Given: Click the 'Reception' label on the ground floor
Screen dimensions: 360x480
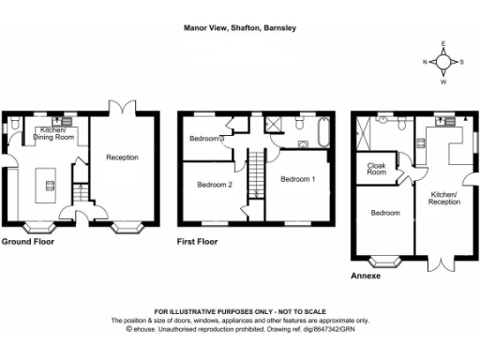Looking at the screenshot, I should [x=122, y=157].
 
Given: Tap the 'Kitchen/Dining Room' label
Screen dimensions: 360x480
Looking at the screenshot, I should [x=55, y=134].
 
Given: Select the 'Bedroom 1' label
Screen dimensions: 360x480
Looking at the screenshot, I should [x=299, y=178].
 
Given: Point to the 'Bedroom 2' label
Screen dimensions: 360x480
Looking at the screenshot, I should [x=215, y=185].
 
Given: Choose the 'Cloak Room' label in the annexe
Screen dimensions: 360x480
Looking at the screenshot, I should [x=377, y=169].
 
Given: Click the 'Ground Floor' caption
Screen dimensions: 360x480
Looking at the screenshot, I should [x=27, y=242].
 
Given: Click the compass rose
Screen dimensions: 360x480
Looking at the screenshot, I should [x=443, y=62].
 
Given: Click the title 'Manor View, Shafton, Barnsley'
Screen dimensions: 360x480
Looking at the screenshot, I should [x=239, y=28].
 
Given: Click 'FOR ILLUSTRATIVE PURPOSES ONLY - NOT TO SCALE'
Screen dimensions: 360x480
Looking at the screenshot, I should [x=240, y=311].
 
